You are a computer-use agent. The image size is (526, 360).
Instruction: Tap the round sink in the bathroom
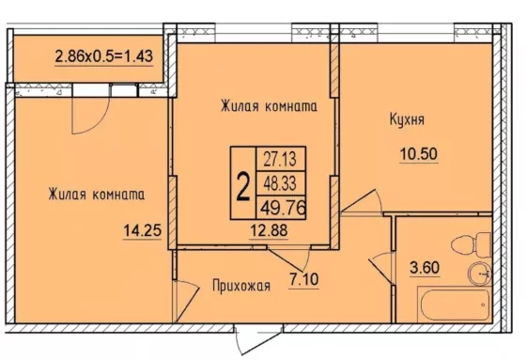479,273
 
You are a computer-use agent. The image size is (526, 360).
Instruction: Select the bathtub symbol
454,304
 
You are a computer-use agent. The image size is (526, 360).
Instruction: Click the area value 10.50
419,154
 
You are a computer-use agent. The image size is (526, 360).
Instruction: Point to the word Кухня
407,120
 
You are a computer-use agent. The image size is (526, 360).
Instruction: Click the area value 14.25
143,230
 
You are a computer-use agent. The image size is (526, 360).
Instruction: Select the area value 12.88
269,230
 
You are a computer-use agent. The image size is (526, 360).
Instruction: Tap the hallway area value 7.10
304,279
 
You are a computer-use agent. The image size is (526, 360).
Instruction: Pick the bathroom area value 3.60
425,268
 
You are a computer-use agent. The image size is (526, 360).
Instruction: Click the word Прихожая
241,286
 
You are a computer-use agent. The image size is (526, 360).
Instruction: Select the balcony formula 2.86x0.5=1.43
104,56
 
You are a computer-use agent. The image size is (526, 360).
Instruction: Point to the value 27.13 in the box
280,159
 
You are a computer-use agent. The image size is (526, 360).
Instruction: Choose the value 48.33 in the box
280,183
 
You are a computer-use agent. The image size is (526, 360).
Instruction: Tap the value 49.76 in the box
283,209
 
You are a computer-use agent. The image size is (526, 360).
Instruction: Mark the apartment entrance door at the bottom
258,339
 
